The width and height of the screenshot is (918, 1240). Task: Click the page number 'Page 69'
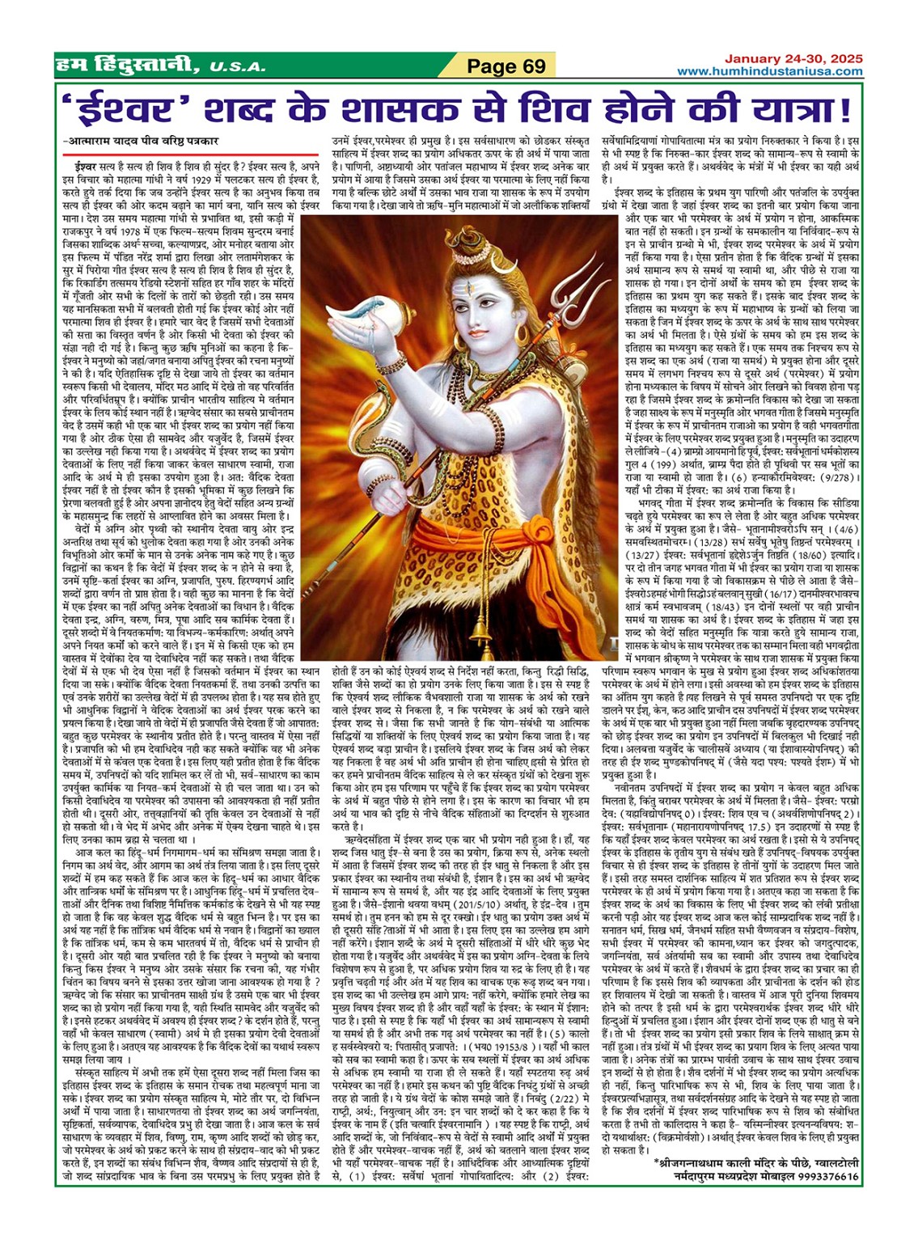507,66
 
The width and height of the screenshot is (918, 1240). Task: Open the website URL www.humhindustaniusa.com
769,71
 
